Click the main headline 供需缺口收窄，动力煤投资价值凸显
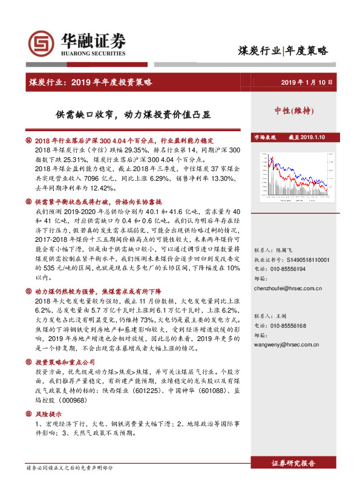coord(147,112)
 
